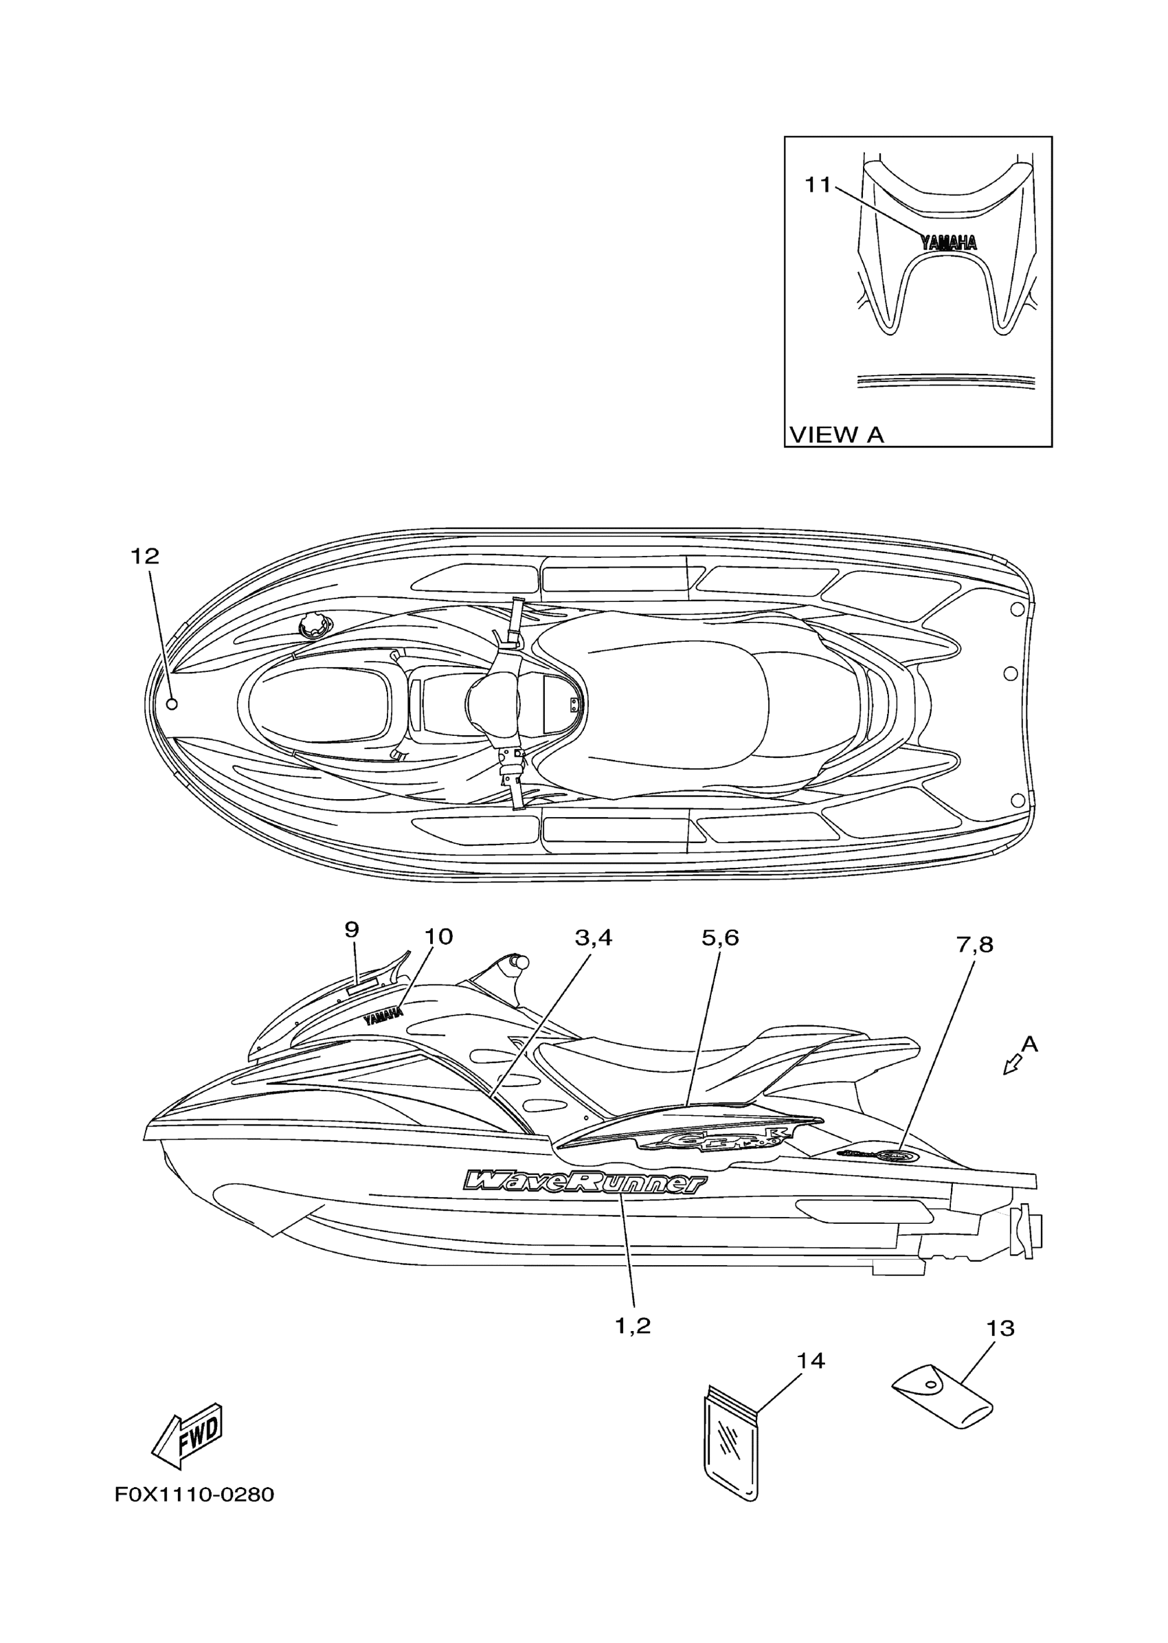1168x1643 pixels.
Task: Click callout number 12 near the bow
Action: point(144,556)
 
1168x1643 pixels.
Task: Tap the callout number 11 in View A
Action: point(817,186)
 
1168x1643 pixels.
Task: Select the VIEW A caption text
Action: point(836,435)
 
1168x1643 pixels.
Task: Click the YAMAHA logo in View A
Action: point(949,243)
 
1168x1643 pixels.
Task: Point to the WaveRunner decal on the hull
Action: point(585,1183)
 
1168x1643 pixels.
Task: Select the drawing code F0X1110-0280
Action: point(194,1495)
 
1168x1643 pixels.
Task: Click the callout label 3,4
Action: point(594,938)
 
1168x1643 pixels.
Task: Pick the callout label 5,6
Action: point(720,938)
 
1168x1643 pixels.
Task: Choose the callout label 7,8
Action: point(974,946)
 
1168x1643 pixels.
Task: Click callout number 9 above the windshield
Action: point(352,930)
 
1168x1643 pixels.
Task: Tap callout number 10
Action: point(438,937)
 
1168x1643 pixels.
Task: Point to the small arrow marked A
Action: point(1013,1064)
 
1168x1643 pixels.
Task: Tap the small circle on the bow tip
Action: point(172,704)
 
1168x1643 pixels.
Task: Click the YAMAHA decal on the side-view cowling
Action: point(383,1016)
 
